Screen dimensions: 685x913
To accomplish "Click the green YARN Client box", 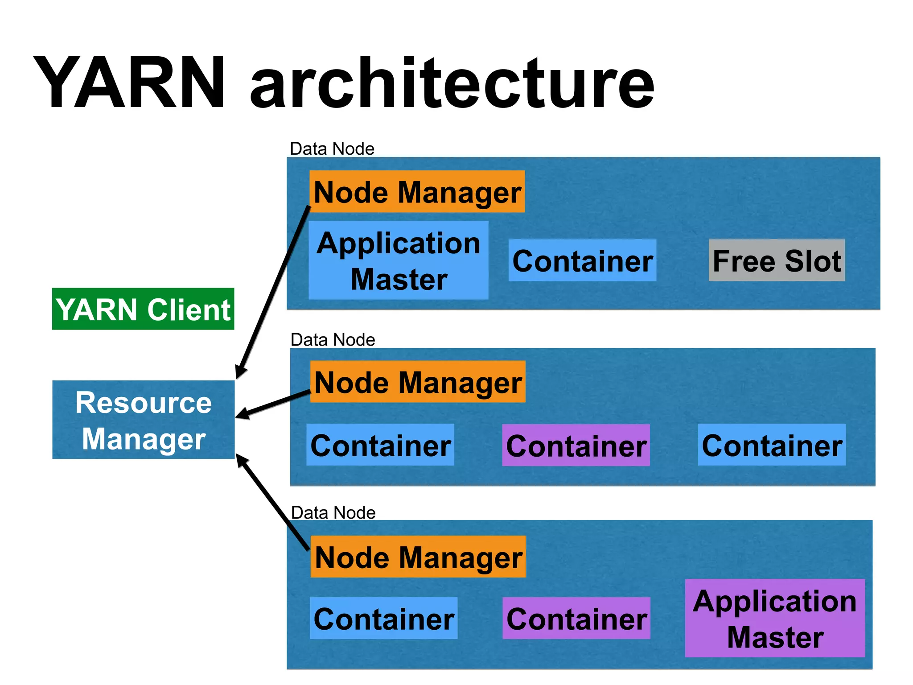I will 143,309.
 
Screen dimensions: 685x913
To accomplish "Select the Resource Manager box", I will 143,420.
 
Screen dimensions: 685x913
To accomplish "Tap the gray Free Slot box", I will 777,260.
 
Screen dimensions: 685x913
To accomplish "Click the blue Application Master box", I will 399,260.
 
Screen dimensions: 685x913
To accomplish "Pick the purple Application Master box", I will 775,618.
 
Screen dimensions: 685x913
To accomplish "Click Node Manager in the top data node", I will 417,192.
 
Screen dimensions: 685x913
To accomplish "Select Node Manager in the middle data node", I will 418,382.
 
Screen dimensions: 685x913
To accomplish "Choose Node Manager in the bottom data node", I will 418,557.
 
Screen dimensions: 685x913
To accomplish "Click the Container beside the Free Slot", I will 582,260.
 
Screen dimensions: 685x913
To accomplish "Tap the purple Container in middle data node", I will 576,446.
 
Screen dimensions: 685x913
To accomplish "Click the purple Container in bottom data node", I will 576,619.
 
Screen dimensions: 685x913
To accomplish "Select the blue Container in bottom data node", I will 383,619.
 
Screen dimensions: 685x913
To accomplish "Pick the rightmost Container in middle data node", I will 772,445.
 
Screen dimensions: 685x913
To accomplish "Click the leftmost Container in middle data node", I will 380,445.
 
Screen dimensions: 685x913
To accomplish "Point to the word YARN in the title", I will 129,83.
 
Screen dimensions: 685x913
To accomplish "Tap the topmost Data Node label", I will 332,149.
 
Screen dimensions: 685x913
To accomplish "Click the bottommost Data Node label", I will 333,512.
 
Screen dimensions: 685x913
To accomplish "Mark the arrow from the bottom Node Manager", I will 273,502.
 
